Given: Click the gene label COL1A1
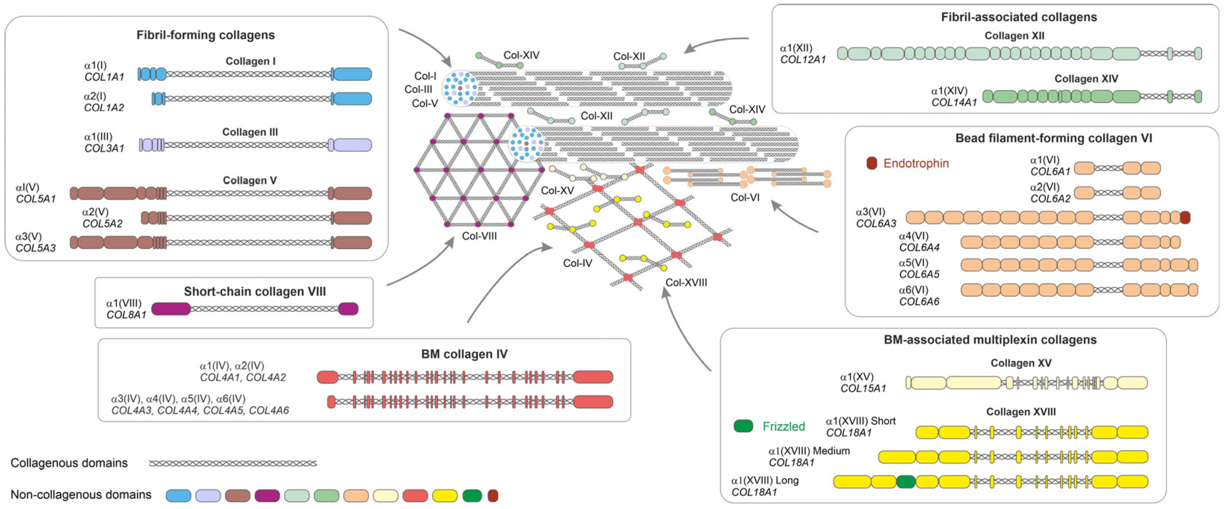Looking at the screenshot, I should [x=104, y=77].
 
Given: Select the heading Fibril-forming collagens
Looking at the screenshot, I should [x=205, y=35].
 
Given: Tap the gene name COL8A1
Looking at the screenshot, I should [x=126, y=315].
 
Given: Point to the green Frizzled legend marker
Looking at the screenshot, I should [x=743, y=426].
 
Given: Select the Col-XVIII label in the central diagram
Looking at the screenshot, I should [x=686, y=283].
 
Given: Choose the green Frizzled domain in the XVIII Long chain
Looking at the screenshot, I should [x=906, y=481].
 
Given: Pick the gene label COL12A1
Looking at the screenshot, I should [x=803, y=60].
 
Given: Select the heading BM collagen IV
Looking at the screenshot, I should [x=464, y=354].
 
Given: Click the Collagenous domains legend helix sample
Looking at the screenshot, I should [x=233, y=463].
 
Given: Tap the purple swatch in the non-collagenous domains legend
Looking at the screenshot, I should [x=267, y=496].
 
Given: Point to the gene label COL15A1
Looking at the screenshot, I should [x=863, y=388].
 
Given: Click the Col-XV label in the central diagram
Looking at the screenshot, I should [x=557, y=191].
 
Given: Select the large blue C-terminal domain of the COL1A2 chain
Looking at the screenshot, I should [x=352, y=99].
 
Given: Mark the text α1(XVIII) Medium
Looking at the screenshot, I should [x=809, y=451].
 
